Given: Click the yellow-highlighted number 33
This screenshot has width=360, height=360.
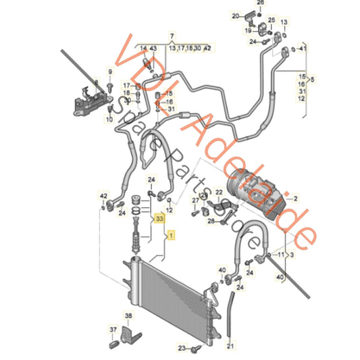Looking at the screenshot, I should pyautogui.click(x=159, y=219).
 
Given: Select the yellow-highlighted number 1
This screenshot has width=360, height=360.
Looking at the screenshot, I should pyautogui.click(x=172, y=235).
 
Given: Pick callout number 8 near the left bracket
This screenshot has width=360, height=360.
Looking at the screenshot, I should pyautogui.click(x=96, y=83).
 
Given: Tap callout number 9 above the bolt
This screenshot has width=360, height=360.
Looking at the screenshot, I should pyautogui.click(x=109, y=71).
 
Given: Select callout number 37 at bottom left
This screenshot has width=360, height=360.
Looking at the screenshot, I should pyautogui.click(x=112, y=330).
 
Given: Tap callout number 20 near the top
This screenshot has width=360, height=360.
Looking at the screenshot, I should pyautogui.click(x=235, y=16).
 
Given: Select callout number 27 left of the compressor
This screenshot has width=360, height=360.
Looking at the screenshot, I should pyautogui.click(x=195, y=201).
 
